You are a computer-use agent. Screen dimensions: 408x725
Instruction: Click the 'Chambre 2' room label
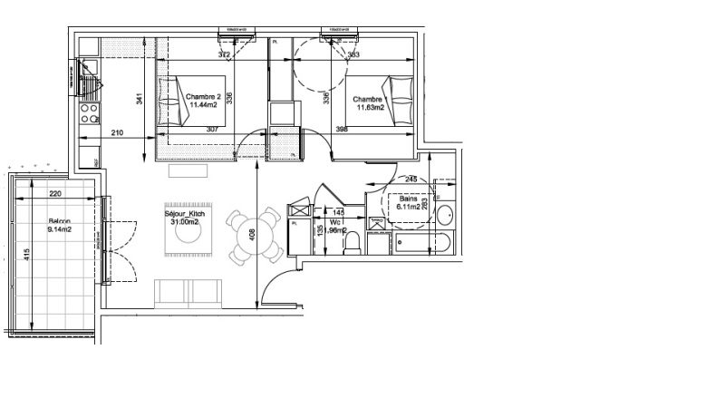pos(205,96)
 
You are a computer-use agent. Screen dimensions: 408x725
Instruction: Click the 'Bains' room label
pos(410,198)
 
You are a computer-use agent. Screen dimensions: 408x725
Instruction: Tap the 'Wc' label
pos(334,220)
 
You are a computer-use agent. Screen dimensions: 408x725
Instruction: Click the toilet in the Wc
pos(355,244)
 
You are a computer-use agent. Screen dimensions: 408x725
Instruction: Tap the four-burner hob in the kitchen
pos(91,113)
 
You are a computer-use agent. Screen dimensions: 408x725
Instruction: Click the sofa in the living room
pos(190,292)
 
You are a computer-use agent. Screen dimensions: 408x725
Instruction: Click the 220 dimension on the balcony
pos(54,193)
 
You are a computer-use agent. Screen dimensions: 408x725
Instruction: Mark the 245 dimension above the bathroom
pos(411,179)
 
